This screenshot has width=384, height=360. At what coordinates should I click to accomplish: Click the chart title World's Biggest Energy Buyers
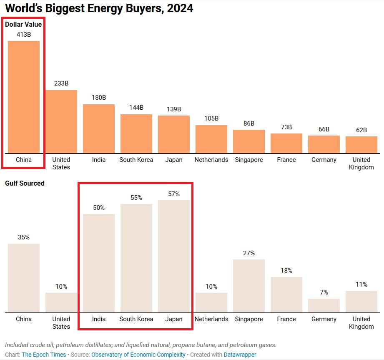[x=99, y=8]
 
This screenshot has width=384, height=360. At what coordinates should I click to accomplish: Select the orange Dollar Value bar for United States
[x=61, y=121]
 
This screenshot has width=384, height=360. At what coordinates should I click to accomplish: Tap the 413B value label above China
[x=24, y=35]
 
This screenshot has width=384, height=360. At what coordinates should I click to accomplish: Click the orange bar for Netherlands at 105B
[x=211, y=139]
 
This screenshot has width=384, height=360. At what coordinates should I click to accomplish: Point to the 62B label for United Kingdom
[x=361, y=130]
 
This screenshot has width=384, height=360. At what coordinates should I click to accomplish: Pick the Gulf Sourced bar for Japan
[x=174, y=256]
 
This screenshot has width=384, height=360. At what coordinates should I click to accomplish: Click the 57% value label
[x=174, y=194]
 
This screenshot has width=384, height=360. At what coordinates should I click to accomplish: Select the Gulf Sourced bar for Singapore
[x=249, y=286]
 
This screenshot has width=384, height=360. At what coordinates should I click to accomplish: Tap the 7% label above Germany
[x=324, y=292]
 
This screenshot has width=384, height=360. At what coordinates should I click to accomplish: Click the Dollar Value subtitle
[x=23, y=24]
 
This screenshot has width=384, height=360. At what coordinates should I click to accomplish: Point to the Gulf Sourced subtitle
[x=25, y=183]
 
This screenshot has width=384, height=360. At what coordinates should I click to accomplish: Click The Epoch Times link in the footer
[x=44, y=355]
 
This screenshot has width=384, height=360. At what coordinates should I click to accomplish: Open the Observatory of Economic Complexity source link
[x=138, y=355]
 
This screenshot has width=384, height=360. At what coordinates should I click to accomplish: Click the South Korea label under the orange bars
[x=136, y=160]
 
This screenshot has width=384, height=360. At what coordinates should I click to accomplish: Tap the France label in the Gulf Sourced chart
[x=286, y=319]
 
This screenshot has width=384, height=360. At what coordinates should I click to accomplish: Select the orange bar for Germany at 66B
[x=324, y=144]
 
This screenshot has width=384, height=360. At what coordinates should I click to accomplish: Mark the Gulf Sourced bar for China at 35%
[x=24, y=278]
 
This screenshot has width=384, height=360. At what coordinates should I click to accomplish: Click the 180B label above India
[x=99, y=98]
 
